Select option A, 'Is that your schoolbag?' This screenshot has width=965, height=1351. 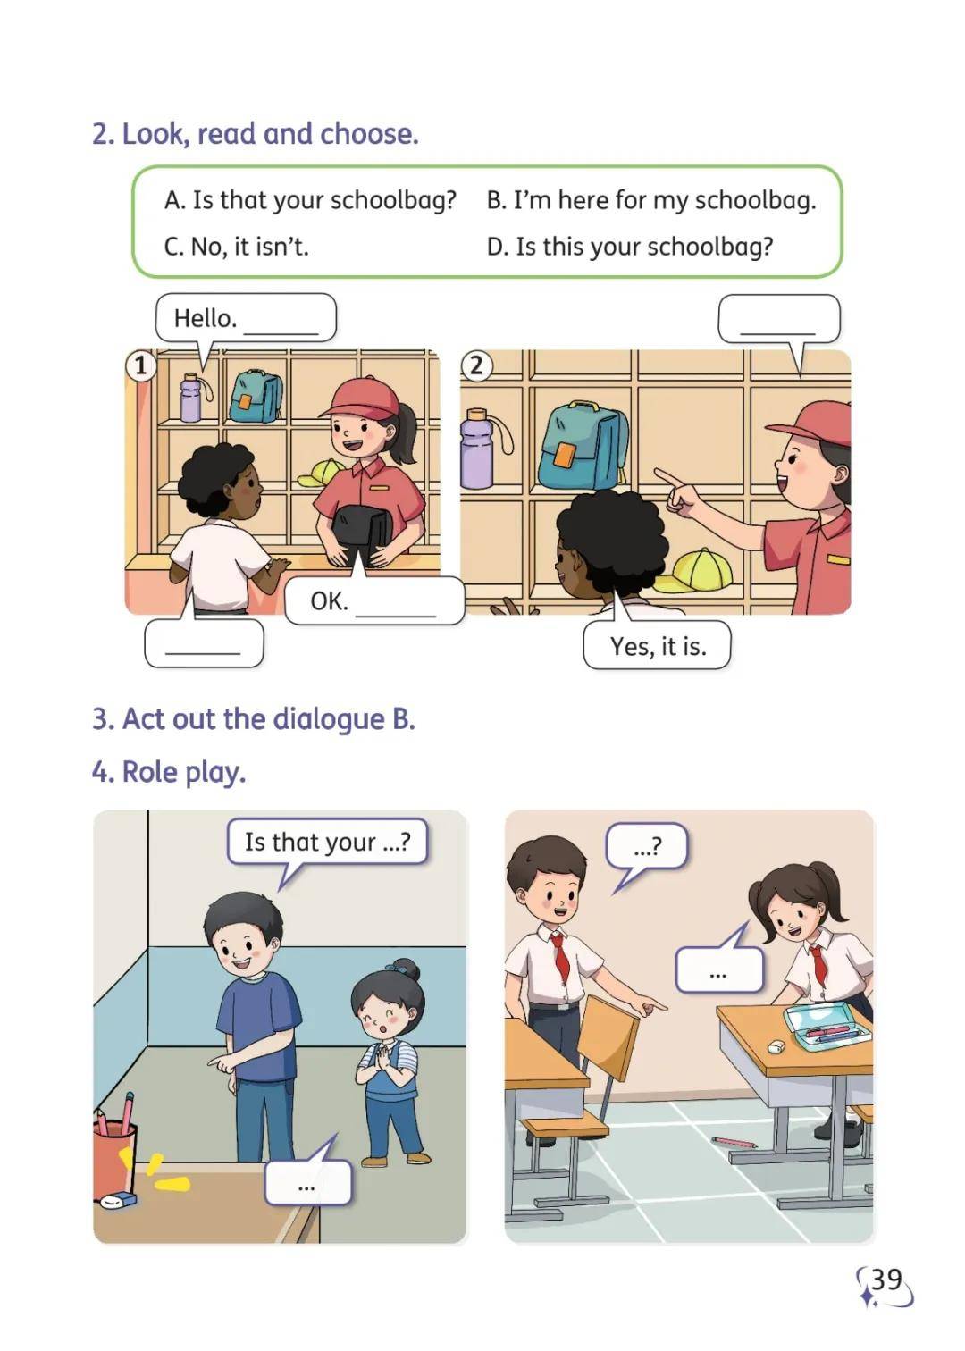click(310, 200)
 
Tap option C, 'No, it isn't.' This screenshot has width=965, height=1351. click(237, 246)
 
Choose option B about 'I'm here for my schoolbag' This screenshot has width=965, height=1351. click(651, 200)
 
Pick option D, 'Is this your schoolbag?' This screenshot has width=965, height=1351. click(630, 246)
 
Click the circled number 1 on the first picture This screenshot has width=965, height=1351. click(140, 365)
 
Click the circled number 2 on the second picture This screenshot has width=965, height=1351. click(476, 365)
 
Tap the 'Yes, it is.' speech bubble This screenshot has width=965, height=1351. click(658, 646)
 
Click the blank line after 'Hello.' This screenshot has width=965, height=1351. click(281, 332)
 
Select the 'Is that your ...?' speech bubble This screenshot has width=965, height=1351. click(328, 842)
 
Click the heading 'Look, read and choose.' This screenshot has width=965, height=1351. click(255, 133)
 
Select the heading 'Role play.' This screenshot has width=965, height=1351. click(169, 772)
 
